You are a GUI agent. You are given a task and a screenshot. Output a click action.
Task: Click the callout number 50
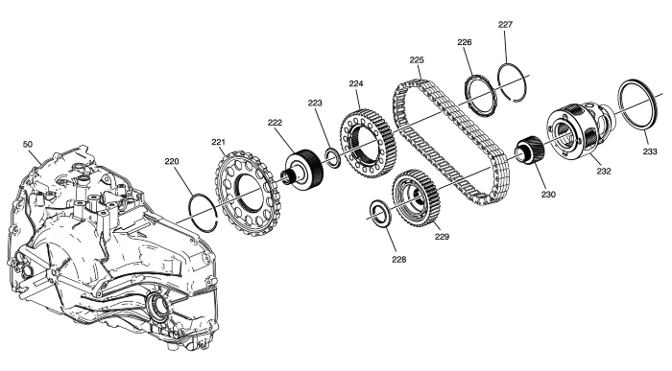pyautogui.click(x=28, y=145)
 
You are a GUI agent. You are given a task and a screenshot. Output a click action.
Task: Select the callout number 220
pyautogui.click(x=172, y=161)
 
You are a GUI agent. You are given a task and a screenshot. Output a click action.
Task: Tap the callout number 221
pyautogui.click(x=218, y=142)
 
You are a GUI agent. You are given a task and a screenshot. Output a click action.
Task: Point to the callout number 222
pyautogui.click(x=276, y=123)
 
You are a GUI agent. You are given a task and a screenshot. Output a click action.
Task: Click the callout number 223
pyautogui.click(x=315, y=103)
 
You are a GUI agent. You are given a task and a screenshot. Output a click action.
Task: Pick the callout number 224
pyautogui.click(x=356, y=83)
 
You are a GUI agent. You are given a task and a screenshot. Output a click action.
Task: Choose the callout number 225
pyautogui.click(x=417, y=59)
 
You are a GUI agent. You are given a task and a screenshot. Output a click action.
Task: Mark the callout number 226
pyautogui.click(x=465, y=42)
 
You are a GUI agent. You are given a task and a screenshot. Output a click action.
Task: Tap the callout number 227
pyautogui.click(x=505, y=24)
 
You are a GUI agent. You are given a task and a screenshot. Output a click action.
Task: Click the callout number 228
pyautogui.click(x=399, y=259)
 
